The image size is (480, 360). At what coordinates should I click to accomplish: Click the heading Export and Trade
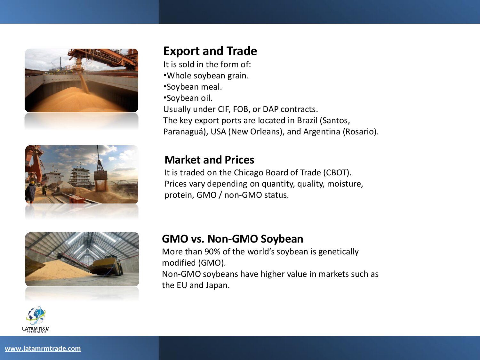(210, 51)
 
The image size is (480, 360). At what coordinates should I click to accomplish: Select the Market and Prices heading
(209, 160)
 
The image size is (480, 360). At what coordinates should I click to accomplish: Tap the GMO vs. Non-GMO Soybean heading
(232, 239)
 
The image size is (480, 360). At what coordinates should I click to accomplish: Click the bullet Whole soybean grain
(206, 76)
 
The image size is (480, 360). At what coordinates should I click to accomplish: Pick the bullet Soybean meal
(193, 87)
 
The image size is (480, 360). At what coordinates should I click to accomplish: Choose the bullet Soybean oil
(188, 98)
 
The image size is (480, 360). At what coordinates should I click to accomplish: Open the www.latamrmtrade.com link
(43, 348)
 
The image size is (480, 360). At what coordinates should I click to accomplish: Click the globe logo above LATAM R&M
(36, 315)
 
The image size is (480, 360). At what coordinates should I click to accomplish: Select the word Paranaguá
(184, 132)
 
